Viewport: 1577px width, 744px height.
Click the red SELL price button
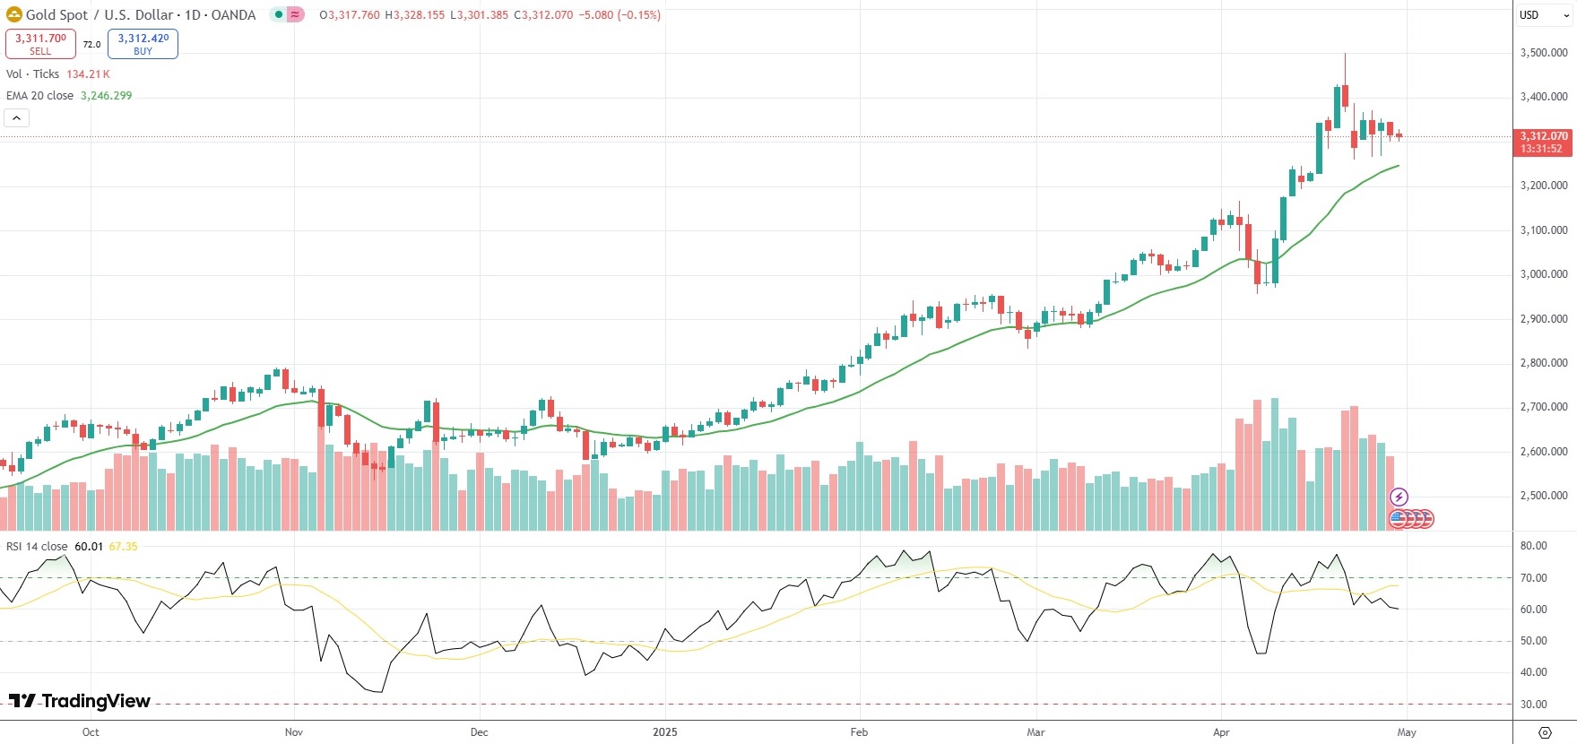click(x=40, y=43)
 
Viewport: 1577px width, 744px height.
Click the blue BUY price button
click(x=143, y=43)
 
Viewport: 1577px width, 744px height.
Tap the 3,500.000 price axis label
click(x=1544, y=53)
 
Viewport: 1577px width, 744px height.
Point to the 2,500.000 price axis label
click(x=1544, y=496)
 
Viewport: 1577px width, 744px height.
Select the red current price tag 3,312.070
click(x=1543, y=142)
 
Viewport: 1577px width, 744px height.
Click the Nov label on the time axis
click(x=294, y=732)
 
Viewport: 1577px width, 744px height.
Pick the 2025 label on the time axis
click(x=665, y=732)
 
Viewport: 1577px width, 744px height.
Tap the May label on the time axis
click(x=1407, y=732)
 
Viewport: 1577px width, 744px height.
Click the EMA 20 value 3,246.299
click(x=106, y=96)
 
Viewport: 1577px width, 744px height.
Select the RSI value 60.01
click(x=89, y=547)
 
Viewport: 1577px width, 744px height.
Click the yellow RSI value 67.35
click(x=124, y=547)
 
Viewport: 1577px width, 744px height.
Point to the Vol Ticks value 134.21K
click(x=88, y=74)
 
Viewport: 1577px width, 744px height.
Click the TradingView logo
click(x=80, y=701)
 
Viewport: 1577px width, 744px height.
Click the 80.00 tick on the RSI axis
click(x=1533, y=546)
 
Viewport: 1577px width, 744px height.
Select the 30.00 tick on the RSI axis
click(x=1533, y=705)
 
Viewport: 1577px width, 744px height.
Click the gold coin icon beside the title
click(x=13, y=14)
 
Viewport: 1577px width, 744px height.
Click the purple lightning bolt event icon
click(x=1399, y=497)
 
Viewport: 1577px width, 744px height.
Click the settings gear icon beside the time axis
click(x=1545, y=732)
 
